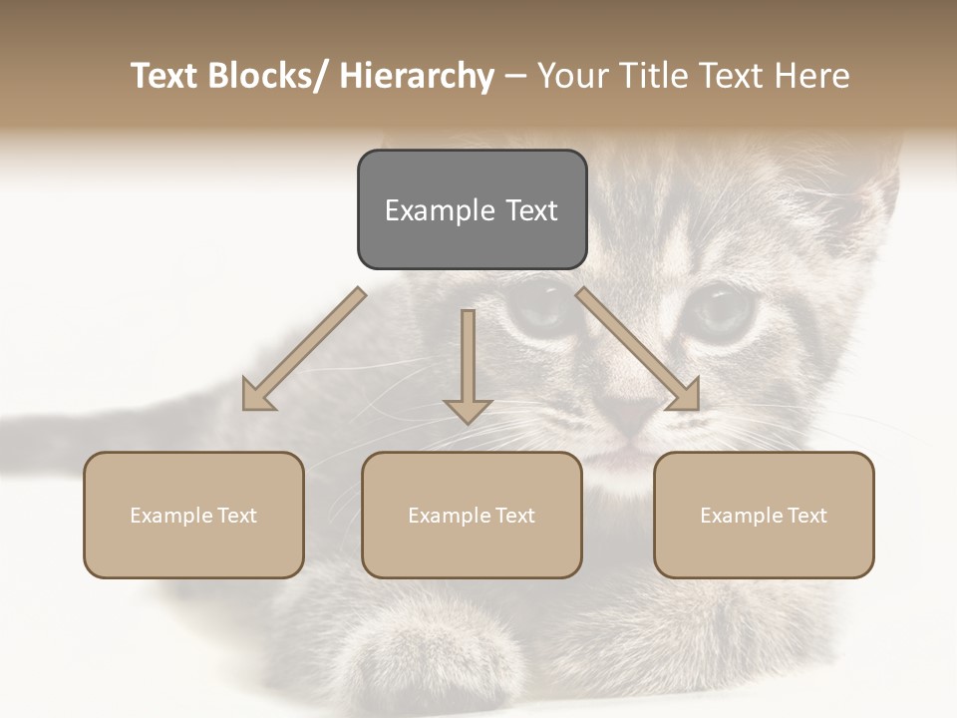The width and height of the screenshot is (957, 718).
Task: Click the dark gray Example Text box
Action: (x=472, y=209)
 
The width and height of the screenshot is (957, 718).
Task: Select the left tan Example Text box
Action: (x=193, y=515)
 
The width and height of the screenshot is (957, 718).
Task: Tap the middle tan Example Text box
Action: (x=472, y=515)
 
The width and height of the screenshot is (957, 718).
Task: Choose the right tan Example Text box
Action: (x=764, y=515)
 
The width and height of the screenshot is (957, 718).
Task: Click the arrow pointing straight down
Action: (x=468, y=365)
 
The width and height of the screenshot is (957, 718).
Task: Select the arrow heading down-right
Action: (x=639, y=350)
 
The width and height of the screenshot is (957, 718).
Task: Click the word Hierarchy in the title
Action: (x=417, y=76)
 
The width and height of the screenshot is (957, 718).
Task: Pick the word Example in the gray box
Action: (x=427, y=210)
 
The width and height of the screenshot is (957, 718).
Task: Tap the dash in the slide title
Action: (x=514, y=76)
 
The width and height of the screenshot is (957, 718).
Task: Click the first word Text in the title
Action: (x=165, y=76)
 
